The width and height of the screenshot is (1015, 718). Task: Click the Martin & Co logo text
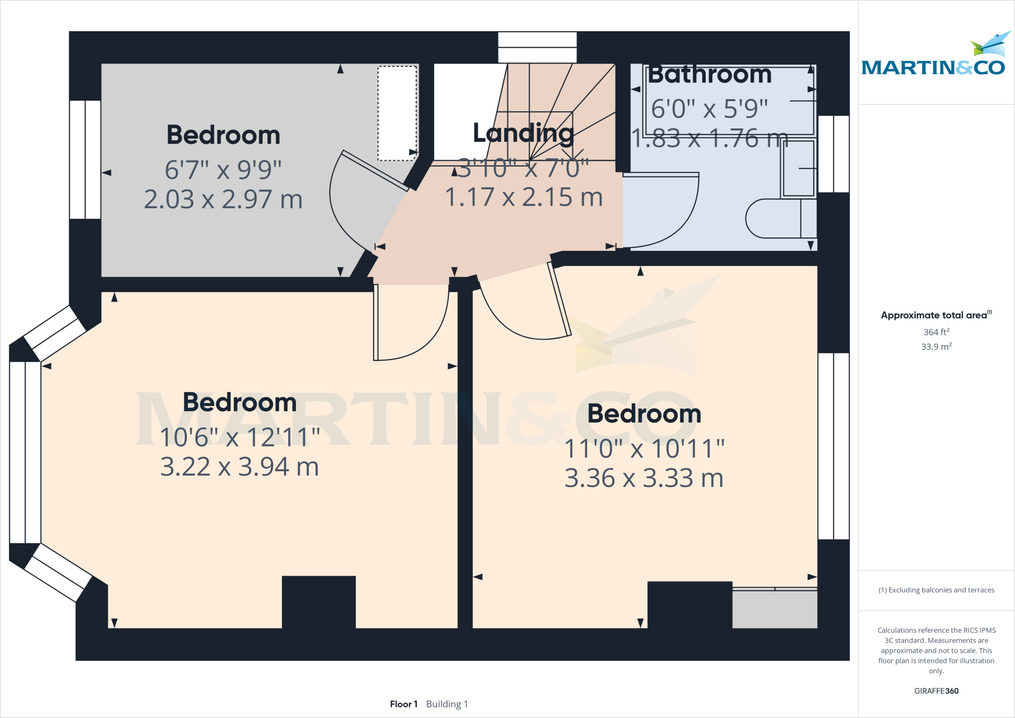933,67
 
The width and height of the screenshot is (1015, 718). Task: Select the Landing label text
523,133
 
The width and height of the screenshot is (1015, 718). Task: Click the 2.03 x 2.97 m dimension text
223,199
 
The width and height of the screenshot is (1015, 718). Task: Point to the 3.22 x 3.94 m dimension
239,467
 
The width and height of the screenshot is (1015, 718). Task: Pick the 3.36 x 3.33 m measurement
644,478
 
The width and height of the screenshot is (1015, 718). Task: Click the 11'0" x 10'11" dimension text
644,449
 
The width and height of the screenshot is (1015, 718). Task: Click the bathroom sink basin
798,169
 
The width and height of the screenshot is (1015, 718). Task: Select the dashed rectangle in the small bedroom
397,113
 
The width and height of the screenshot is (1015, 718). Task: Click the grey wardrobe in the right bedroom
774,609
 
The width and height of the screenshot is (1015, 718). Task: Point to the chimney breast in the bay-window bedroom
319,601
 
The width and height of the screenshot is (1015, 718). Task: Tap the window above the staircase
537,48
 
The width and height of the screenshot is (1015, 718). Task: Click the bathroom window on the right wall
833,154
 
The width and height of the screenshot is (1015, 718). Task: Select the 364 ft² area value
936,332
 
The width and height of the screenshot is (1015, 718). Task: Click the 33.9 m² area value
936,347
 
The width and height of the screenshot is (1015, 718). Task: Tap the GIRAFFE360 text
936,691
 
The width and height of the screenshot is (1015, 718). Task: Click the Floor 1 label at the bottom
403,704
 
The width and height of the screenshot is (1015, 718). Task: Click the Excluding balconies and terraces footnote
936,590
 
